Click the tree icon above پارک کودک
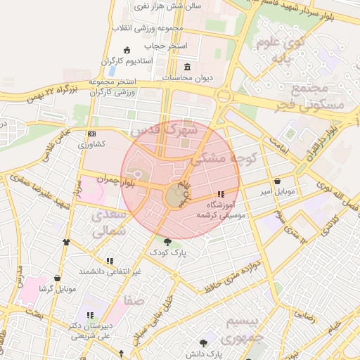pyautogui.click(x=167, y=242)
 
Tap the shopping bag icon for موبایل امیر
pyautogui.click(x=276, y=181)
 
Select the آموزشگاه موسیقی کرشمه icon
pyautogui.click(x=221, y=194)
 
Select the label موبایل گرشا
pyautogui.click(x=57, y=288)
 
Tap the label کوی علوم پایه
pyautogui.click(x=280, y=51)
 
